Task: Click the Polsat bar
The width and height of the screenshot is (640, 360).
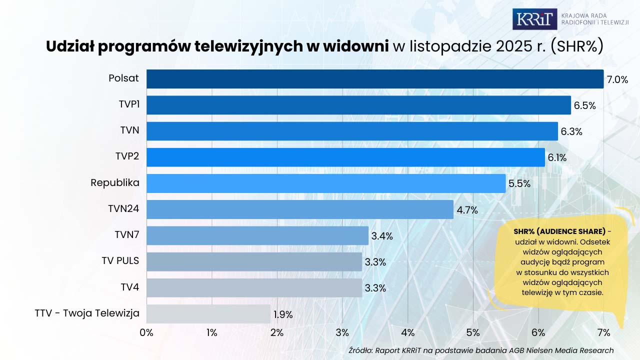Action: [375, 79]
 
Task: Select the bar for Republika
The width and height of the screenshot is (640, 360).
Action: [326, 183]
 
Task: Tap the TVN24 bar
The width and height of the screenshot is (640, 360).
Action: [300, 209]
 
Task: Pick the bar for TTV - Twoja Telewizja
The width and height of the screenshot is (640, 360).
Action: [208, 314]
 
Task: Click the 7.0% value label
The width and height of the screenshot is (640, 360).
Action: [617, 79]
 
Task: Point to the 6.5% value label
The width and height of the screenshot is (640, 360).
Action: [585, 105]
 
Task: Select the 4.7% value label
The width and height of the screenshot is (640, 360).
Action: [467, 210]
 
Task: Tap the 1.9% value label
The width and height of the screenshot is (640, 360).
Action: [282, 315]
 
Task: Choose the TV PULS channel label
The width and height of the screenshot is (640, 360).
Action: [120, 261]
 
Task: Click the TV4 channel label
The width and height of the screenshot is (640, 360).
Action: [129, 287]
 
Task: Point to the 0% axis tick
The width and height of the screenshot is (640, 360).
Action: [146, 332]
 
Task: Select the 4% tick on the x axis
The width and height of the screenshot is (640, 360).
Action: [408, 332]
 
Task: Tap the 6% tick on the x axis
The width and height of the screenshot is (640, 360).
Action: [538, 332]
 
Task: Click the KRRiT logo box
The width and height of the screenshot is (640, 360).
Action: [534, 19]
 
